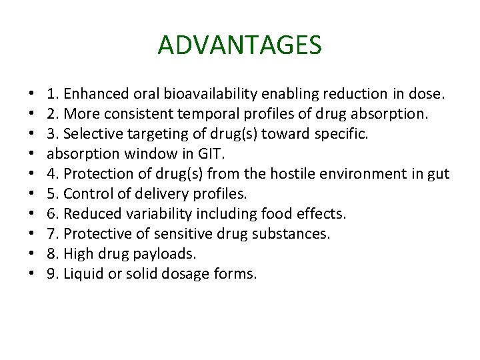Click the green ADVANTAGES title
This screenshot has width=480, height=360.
click(x=240, y=45)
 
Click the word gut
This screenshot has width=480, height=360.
click(x=439, y=175)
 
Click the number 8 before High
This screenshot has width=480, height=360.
click(x=52, y=253)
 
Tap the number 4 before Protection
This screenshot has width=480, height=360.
click(x=52, y=175)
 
